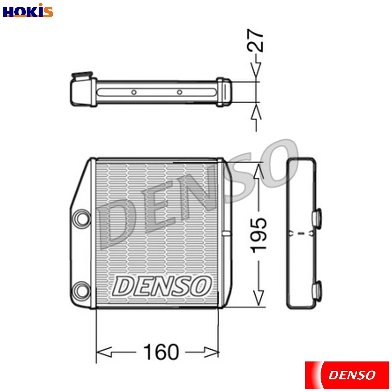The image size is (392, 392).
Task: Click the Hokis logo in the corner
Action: (28, 11)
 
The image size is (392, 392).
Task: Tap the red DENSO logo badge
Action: (347, 375)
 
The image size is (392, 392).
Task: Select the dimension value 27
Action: (255, 41)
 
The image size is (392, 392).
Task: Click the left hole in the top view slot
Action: (134, 92)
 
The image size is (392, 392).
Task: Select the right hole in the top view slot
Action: (179, 92)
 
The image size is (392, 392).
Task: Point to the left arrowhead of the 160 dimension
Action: (104, 352)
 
